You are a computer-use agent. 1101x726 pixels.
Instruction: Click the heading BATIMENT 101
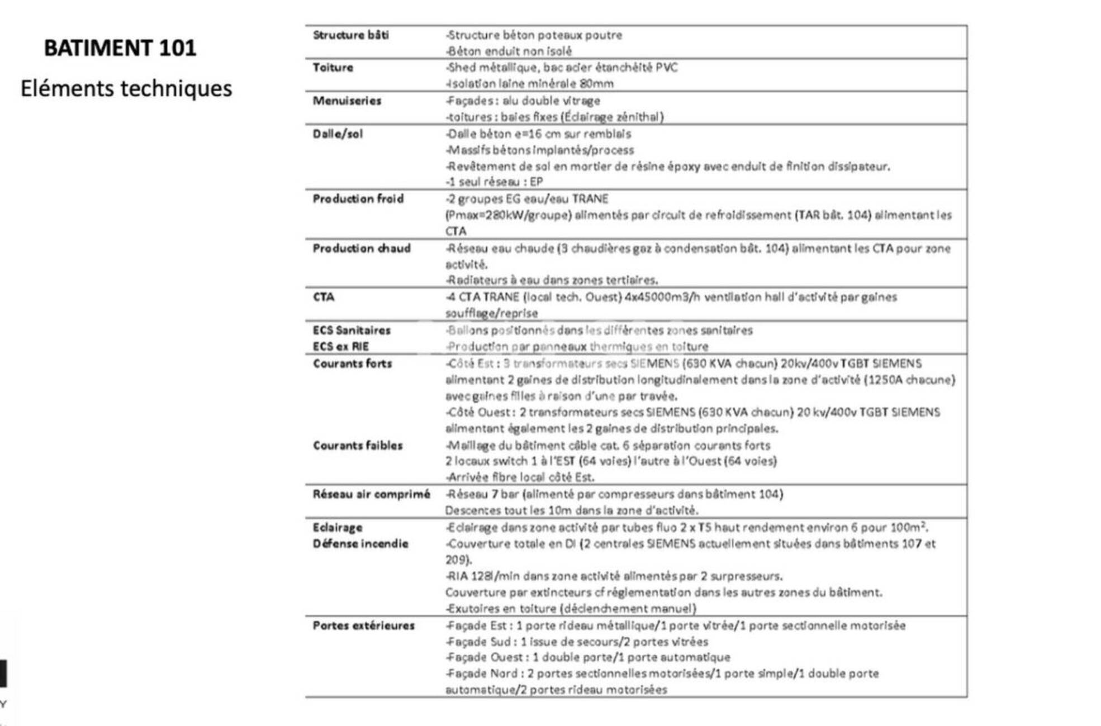[120, 48]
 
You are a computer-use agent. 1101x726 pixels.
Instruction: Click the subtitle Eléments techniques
[126, 89]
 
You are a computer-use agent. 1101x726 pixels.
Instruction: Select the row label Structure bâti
[350, 35]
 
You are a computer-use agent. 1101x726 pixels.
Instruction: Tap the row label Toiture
[333, 68]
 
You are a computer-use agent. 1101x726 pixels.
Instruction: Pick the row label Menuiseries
[347, 101]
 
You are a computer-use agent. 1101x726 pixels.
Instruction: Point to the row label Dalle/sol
[338, 134]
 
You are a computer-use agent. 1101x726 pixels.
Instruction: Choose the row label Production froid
[358, 199]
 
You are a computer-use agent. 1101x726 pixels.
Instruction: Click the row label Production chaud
[361, 249]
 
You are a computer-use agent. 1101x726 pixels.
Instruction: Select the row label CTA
[323, 297]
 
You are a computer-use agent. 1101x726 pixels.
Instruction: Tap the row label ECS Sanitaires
[351, 331]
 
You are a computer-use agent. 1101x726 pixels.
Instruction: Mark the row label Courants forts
[352, 364]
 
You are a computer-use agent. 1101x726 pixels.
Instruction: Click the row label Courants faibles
[357, 446]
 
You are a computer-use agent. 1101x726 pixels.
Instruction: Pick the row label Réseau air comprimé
[371, 494]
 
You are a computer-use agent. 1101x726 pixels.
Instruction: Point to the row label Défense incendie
[360, 544]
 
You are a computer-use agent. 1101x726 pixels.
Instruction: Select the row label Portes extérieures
[363, 625]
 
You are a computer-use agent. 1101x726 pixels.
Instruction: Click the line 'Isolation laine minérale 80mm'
[529, 84]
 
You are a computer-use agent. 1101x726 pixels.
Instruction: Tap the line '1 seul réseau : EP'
[494, 182]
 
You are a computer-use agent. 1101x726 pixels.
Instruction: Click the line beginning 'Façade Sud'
[577, 642]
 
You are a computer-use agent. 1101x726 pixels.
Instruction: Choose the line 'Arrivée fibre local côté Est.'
[520, 477]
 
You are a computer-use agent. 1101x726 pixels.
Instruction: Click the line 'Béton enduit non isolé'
[509, 51]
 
